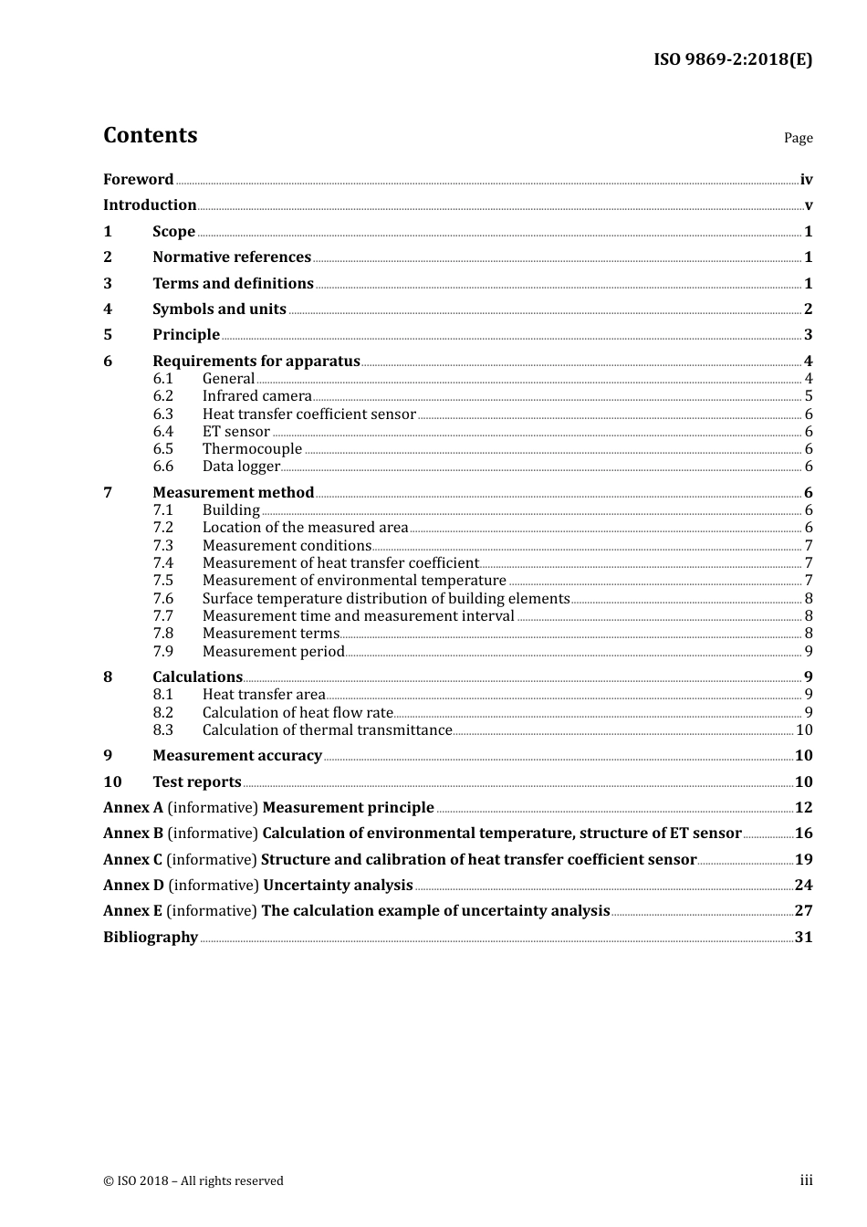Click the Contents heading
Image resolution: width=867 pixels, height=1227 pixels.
pos(150,135)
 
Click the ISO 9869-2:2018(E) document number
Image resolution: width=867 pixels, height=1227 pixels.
pos(732,60)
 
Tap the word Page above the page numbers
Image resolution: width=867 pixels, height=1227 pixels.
pos(798,138)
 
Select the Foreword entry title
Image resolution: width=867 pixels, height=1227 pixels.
pos(138,180)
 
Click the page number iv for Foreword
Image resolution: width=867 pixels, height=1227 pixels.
pos(806,180)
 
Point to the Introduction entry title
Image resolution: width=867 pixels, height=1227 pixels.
pos(150,205)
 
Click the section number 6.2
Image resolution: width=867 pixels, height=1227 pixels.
pos(162,396)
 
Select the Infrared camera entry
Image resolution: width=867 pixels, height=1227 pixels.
pos(256,396)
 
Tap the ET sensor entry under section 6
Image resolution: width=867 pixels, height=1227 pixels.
pos(235,432)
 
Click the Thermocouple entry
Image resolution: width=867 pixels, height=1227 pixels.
pos(252,449)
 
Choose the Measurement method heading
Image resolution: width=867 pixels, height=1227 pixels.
pos(233,493)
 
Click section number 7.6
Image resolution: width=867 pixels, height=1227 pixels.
pos(162,599)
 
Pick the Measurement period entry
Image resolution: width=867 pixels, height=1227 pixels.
pos(273,652)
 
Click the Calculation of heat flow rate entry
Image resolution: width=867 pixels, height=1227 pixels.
pos(298,713)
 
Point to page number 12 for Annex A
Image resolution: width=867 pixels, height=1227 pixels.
pos(803,808)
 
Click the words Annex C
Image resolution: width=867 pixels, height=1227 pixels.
pos(132,860)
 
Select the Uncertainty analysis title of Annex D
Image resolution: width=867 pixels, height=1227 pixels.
pos(338,886)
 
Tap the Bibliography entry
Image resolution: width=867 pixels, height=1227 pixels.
pos(151,938)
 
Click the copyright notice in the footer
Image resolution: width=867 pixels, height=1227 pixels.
pos(193,1181)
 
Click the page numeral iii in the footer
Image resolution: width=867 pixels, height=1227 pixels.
pos(806,1180)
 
